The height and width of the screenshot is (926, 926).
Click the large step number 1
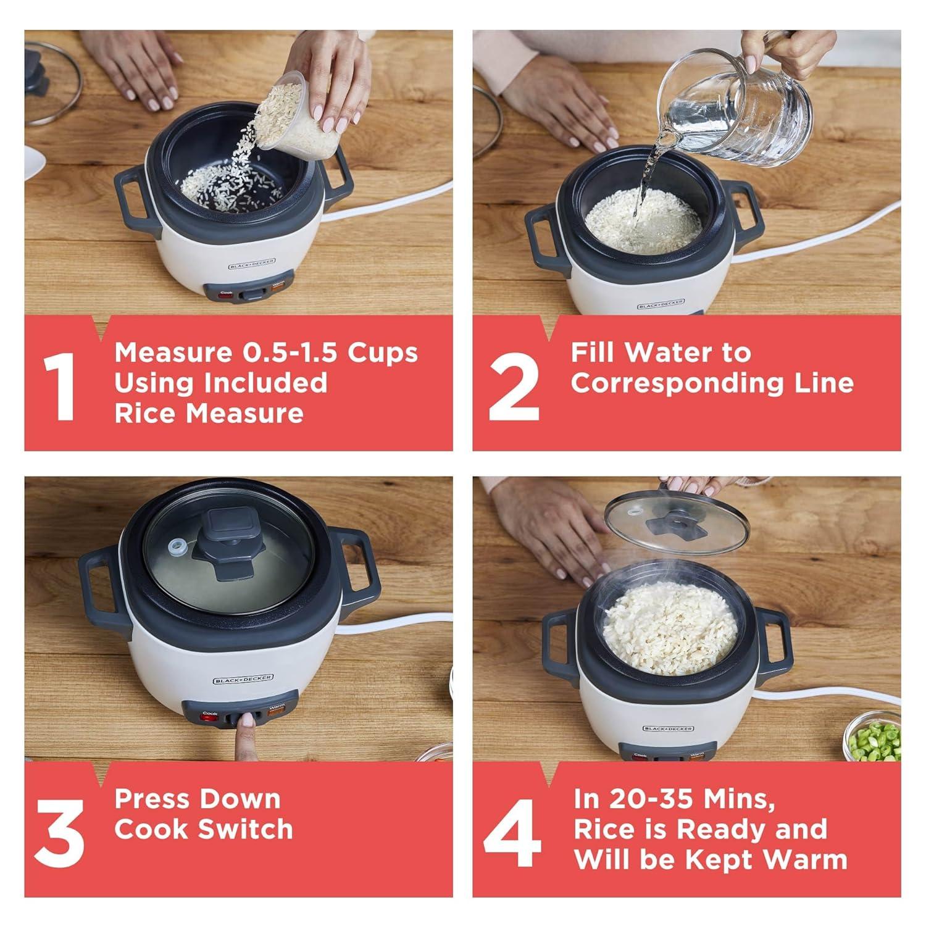click(60, 386)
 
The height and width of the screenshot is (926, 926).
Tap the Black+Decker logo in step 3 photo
click(243, 679)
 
